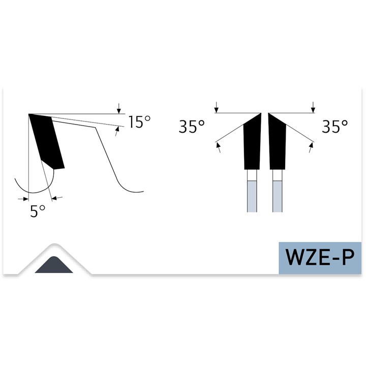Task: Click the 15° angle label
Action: pyautogui.click(x=140, y=122)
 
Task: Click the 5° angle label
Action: pyautogui.click(x=38, y=211)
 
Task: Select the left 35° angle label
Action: pyautogui.click(x=192, y=127)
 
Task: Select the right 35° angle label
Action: pyautogui.click(x=335, y=127)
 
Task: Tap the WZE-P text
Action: pyautogui.click(x=320, y=257)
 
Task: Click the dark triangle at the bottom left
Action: pyautogui.click(x=54, y=266)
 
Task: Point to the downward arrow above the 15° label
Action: pyautogui.click(x=119, y=108)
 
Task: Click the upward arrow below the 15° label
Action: pyautogui.click(x=117, y=132)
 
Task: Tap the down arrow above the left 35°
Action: pyautogui.click(x=217, y=107)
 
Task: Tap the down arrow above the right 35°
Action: pyautogui.click(x=313, y=107)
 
